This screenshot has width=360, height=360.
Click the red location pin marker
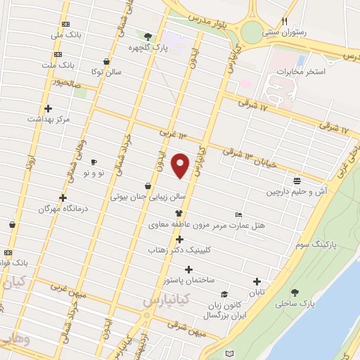pos(181,165)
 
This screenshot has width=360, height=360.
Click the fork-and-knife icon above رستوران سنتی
pos(284,21)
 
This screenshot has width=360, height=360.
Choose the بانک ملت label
pos(77,65)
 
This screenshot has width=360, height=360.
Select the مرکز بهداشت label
pos(49,119)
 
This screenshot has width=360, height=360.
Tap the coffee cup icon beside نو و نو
pos(93,162)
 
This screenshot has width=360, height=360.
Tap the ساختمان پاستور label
pos(188,279)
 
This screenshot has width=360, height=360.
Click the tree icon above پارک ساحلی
pos(294,292)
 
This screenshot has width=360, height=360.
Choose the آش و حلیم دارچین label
pos(296,191)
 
